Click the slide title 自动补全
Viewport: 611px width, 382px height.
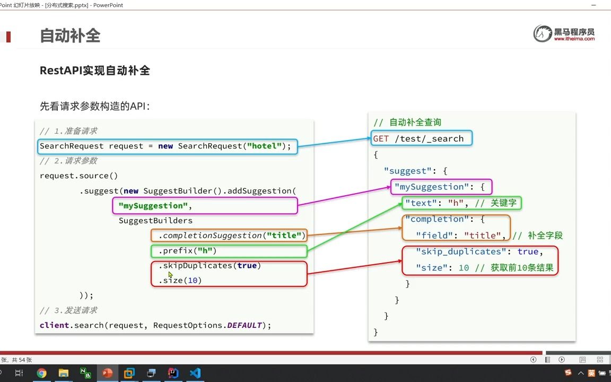click(70, 36)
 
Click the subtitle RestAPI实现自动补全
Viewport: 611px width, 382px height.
click(94, 71)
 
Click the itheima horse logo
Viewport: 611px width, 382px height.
click(543, 33)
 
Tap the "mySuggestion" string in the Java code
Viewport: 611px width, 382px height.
click(153, 205)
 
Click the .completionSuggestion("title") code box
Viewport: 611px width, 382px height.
click(229, 236)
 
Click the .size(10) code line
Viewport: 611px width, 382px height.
click(180, 280)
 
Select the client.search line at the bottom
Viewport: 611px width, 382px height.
click(155, 325)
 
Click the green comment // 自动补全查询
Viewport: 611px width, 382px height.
click(407, 123)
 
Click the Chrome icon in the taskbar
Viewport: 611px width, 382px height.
click(41, 373)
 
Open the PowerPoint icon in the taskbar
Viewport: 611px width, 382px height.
click(107, 373)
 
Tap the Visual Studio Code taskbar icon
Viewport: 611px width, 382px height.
click(195, 373)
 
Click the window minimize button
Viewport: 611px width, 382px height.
click(593, 5)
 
